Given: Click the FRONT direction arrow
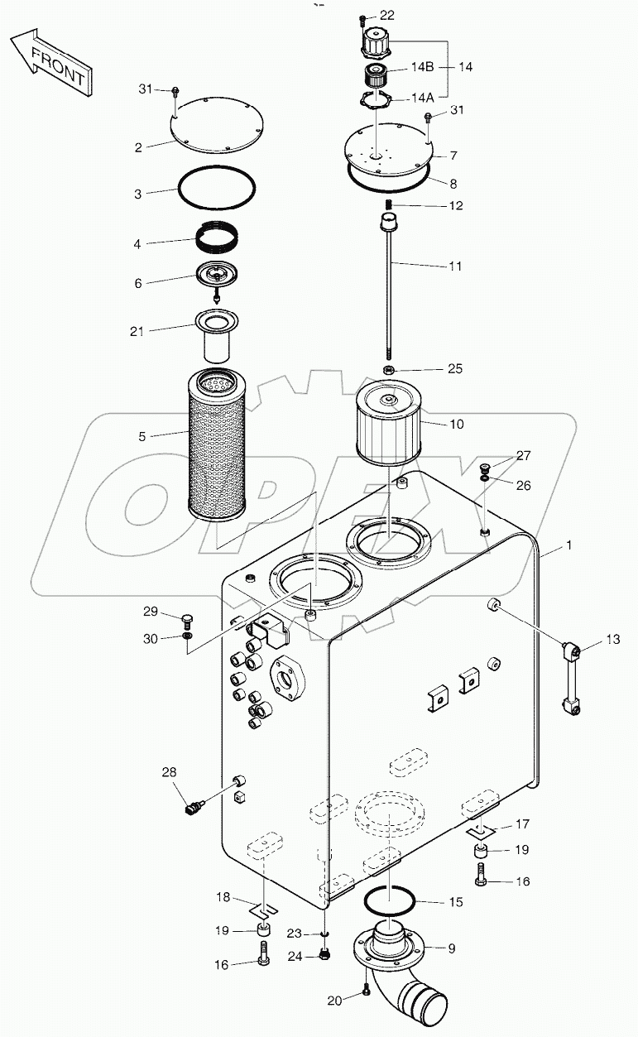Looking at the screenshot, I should tap(51, 61).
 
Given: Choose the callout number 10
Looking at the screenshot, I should tap(456, 425).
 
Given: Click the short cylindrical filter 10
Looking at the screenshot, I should tap(388, 423).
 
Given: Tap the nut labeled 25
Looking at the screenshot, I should tap(388, 368).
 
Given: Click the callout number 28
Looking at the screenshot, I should tap(169, 772).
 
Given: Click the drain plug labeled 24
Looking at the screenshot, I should tap(324, 956).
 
